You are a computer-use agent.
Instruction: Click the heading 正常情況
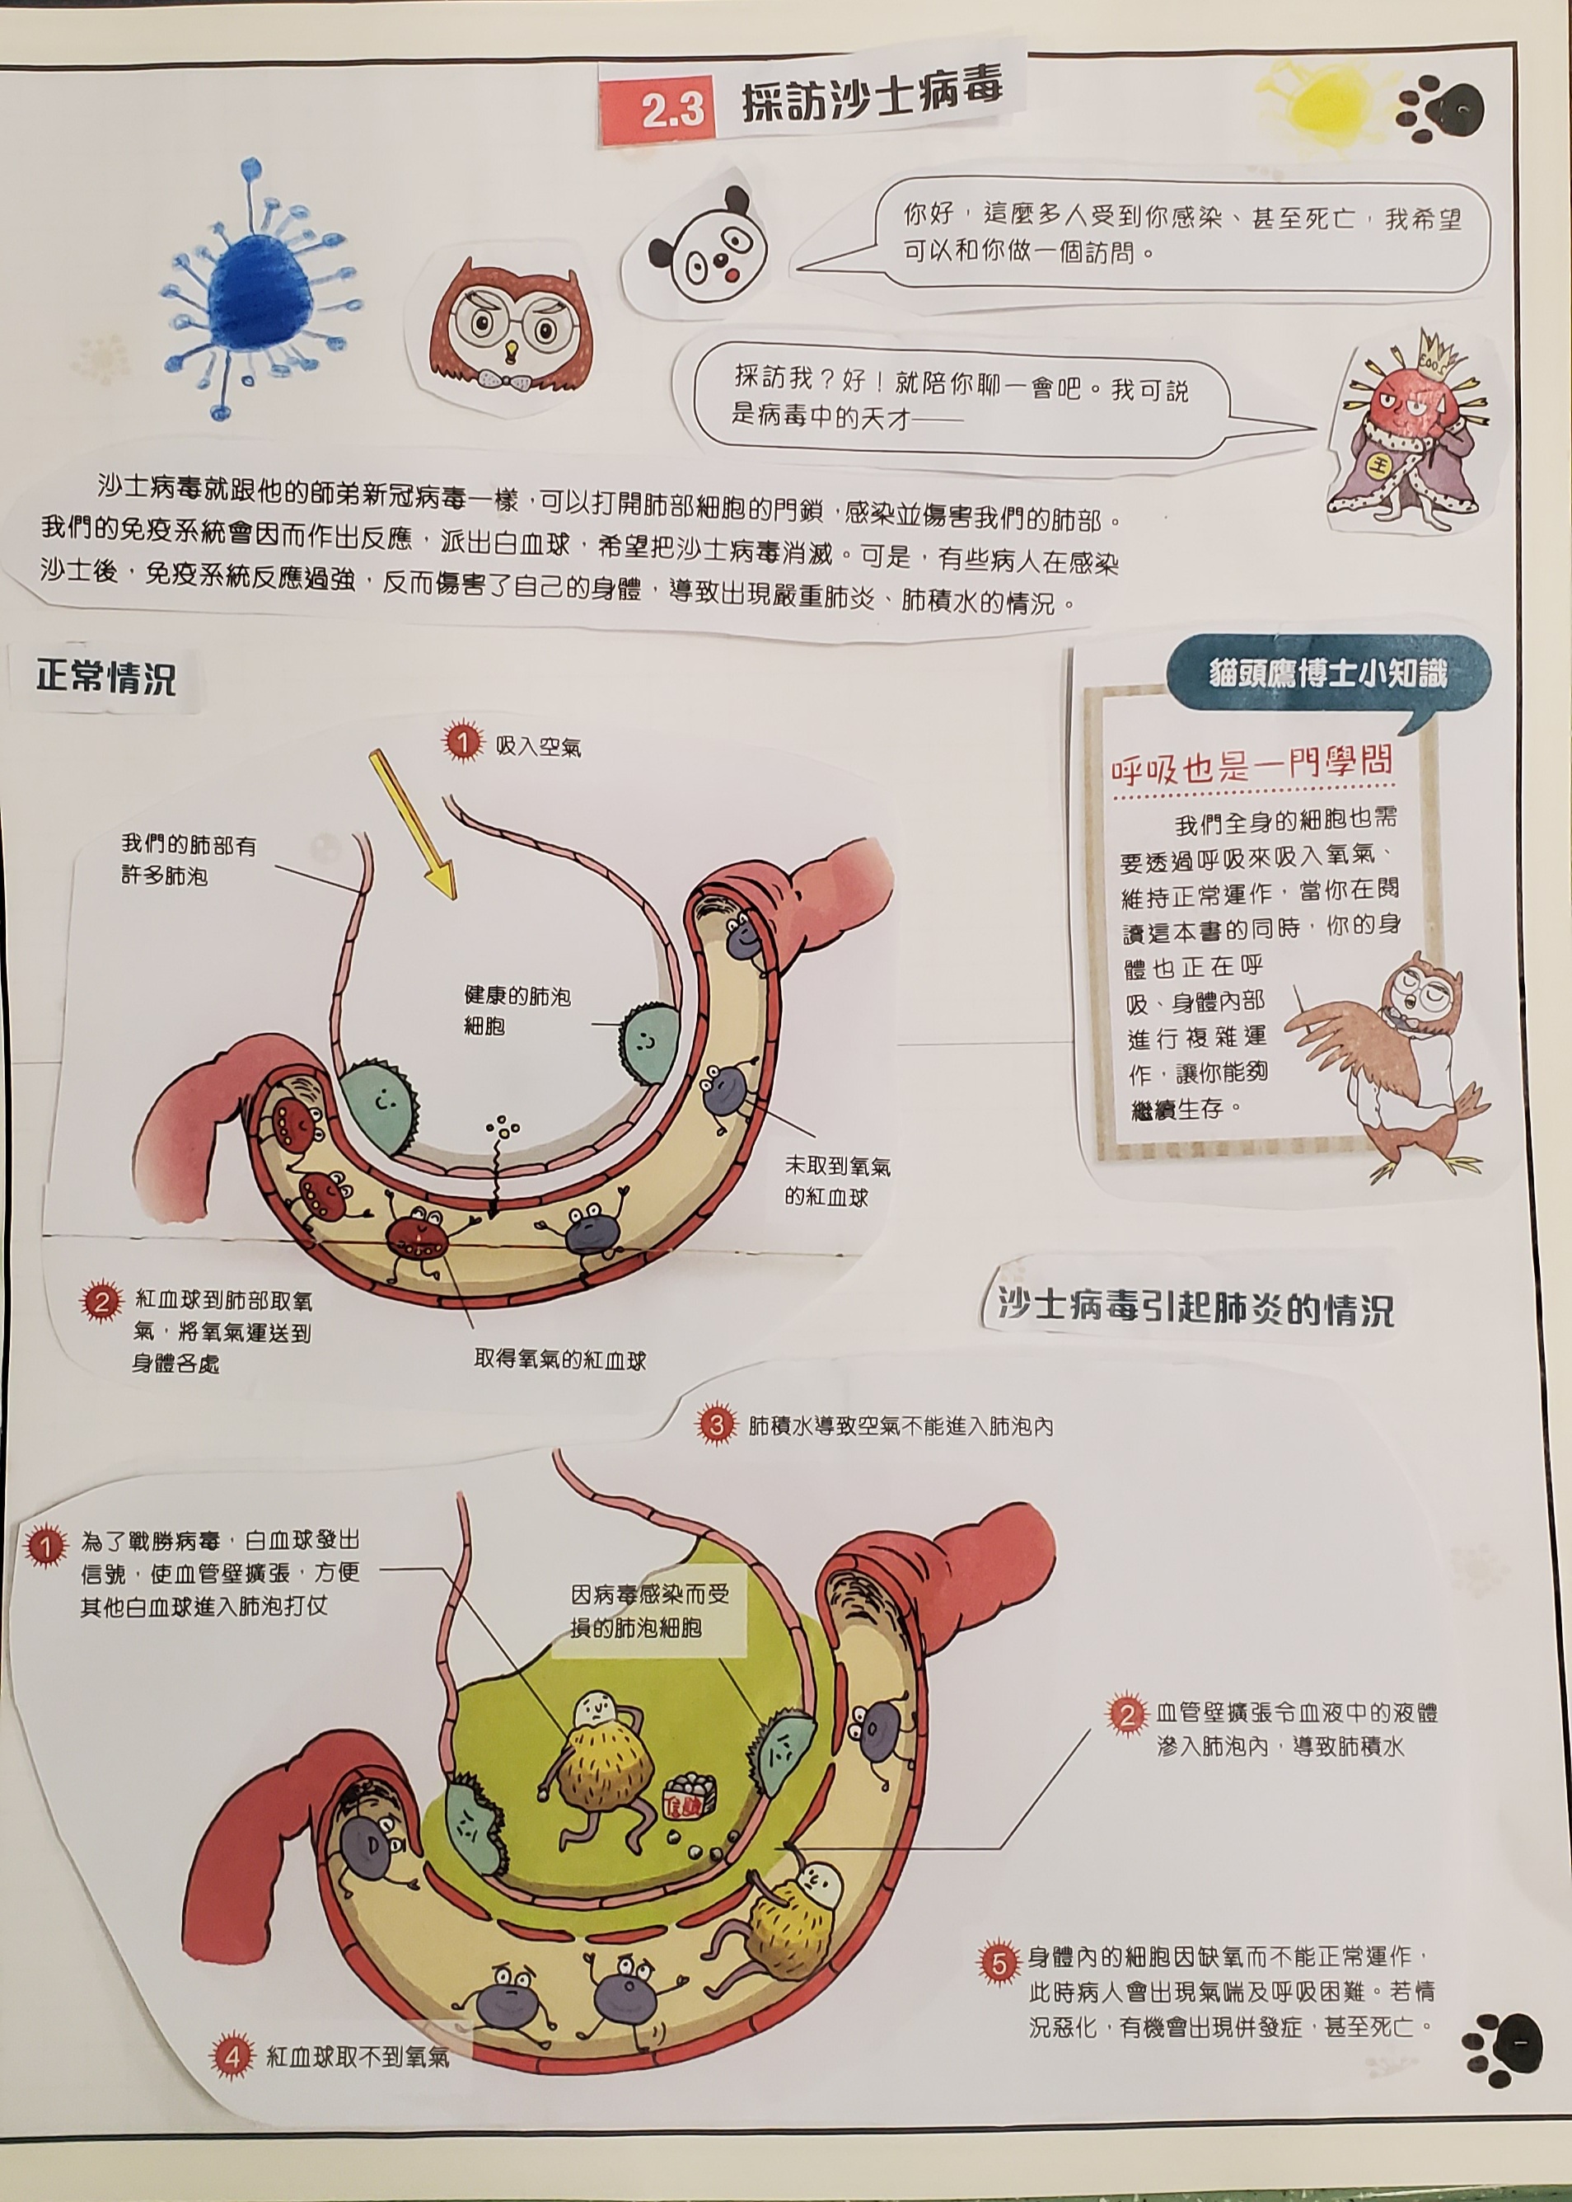coord(106,678)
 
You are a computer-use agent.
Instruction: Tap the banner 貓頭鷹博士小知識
coord(1328,672)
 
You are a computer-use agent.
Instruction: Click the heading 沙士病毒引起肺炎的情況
coord(1196,1309)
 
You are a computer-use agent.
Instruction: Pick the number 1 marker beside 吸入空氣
coord(461,743)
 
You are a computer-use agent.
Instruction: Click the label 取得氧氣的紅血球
coord(559,1359)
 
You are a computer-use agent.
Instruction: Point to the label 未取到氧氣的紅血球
coord(838,1181)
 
